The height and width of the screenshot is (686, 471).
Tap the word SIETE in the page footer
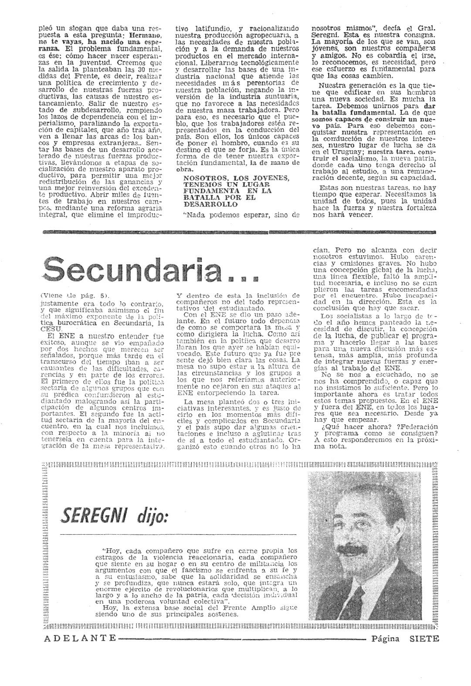(x=424, y=638)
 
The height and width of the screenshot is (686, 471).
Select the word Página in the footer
(x=386, y=638)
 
